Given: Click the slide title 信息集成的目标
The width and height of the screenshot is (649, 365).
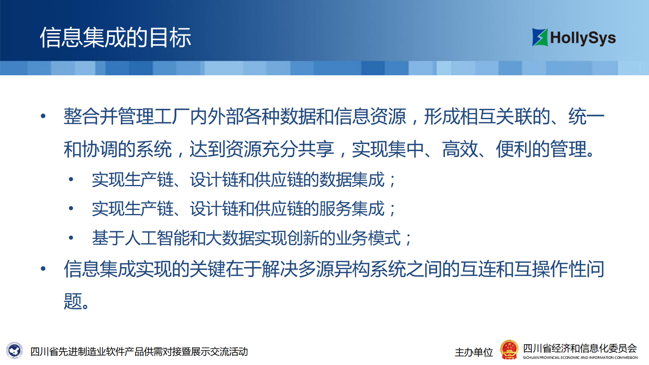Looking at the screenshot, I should click(x=115, y=38).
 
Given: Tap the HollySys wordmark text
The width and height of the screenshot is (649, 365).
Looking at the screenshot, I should click(x=583, y=38).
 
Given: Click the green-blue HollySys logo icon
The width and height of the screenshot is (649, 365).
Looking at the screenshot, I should click(x=540, y=37).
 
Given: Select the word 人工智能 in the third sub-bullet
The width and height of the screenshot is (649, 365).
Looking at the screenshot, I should click(x=157, y=238).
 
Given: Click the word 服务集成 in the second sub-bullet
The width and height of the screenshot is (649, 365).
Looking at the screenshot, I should click(x=352, y=209).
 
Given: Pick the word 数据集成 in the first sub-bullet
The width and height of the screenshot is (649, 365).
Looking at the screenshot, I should click(x=352, y=180).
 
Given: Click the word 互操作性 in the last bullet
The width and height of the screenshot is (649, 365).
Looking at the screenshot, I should click(x=550, y=269).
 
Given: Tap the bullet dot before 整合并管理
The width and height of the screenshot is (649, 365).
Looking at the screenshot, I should click(x=43, y=117).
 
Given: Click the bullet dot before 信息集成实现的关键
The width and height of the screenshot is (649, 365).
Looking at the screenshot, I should click(x=43, y=269).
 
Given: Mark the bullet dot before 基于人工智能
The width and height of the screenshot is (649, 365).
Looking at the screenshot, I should click(x=71, y=238).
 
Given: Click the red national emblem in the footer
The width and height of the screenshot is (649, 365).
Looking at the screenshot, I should click(x=509, y=350).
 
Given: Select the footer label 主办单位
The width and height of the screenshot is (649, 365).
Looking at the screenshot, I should click(x=474, y=352).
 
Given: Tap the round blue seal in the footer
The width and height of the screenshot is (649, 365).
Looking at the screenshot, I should click(x=15, y=351).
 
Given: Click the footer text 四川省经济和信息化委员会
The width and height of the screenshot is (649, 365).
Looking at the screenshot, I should click(x=580, y=348).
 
